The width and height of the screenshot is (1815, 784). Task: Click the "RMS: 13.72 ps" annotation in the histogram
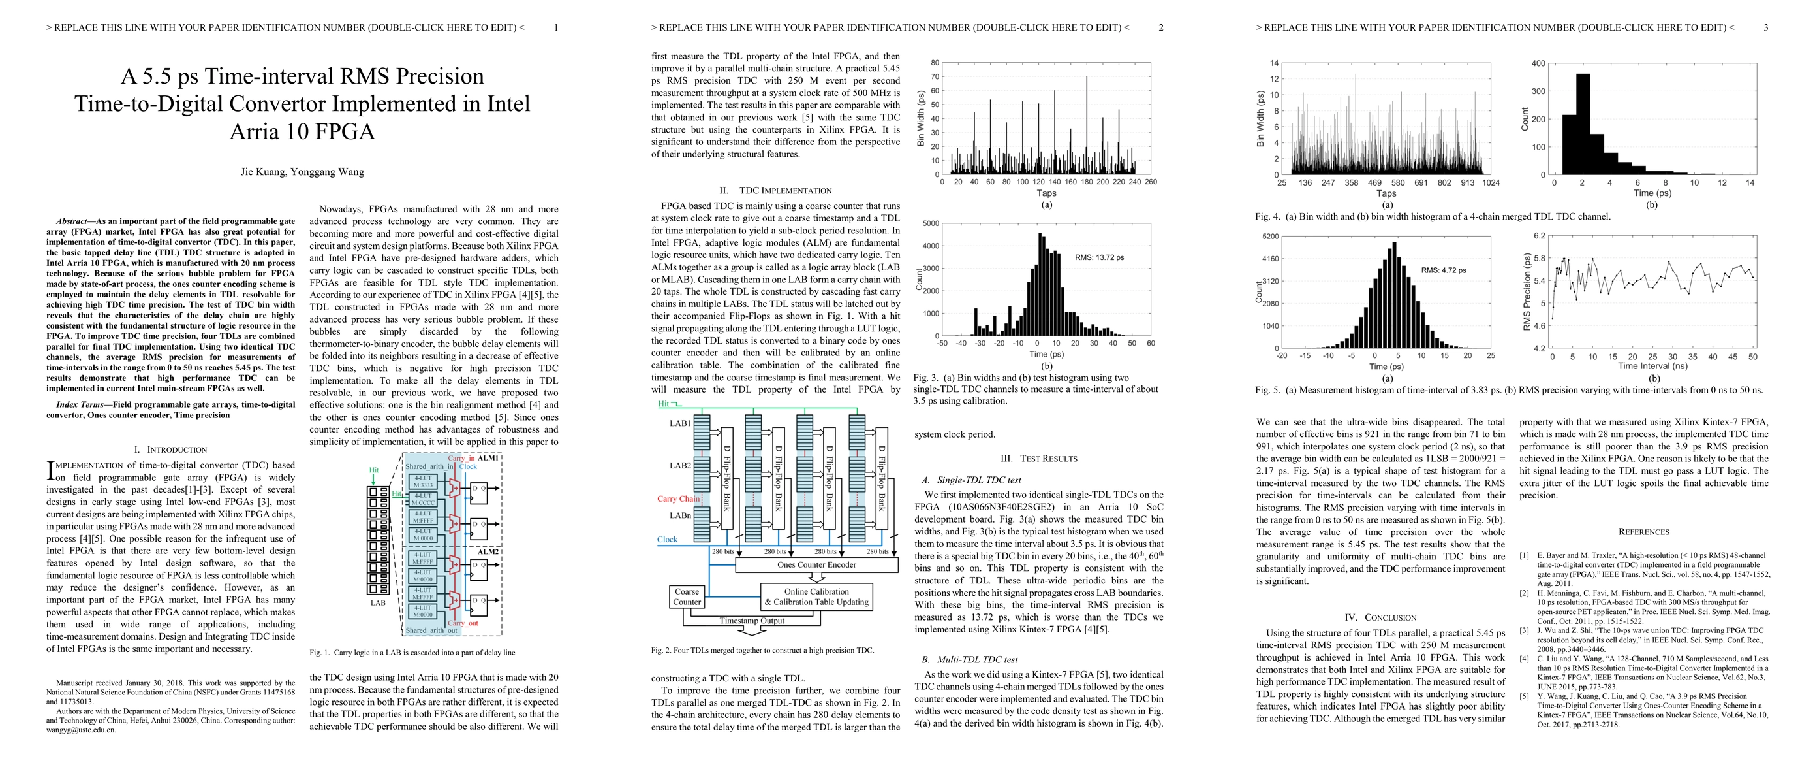(1099, 257)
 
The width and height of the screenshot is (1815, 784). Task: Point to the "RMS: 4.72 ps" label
(1443, 270)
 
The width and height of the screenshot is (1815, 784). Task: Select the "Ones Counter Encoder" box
(816, 564)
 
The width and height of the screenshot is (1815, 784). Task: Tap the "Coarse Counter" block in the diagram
(687, 596)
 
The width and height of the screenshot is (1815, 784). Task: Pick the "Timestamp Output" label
(752, 621)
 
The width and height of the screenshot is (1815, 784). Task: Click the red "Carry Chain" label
(678, 498)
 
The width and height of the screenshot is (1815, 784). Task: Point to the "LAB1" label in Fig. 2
(680, 423)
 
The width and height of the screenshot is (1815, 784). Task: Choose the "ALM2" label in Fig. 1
(488, 551)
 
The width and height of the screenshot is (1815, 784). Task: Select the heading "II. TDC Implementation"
(775, 190)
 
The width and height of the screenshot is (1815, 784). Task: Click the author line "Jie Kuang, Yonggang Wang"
(302, 171)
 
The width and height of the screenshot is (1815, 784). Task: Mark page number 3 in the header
(1765, 27)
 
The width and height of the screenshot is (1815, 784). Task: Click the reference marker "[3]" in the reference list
(1523, 630)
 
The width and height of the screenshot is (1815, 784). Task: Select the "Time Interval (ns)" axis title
(1652, 366)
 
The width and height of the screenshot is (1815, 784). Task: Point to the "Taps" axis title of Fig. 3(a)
(1046, 193)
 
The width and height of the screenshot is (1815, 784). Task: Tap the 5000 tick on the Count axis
(930, 223)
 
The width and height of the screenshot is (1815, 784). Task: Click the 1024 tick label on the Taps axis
(1491, 182)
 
